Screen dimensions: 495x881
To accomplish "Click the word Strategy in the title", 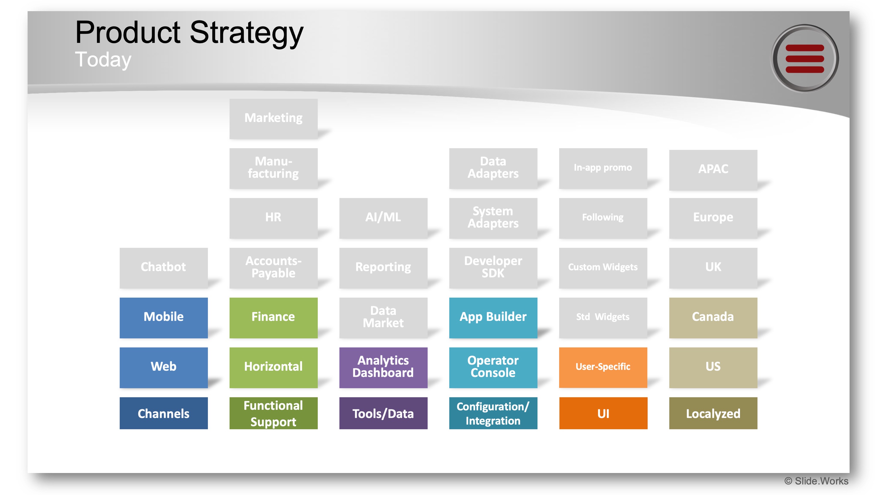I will pyautogui.click(x=246, y=33).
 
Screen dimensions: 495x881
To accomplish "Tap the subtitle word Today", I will pyautogui.click(x=103, y=60).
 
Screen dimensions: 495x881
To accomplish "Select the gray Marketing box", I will pyautogui.click(x=273, y=118).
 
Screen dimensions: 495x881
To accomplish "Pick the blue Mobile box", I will pyautogui.click(x=164, y=317).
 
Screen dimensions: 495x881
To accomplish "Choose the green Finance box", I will pyautogui.click(x=273, y=317).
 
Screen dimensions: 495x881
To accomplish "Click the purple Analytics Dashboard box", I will pyautogui.click(x=383, y=367).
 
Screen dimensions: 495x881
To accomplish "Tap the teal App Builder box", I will pyautogui.click(x=493, y=317).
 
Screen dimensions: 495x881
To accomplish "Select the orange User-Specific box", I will pyautogui.click(x=603, y=367).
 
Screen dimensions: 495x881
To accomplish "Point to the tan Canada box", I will pyautogui.click(x=713, y=317).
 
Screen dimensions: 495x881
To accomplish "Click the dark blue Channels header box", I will pyautogui.click(x=164, y=413).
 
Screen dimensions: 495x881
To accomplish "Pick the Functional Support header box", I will pyautogui.click(x=273, y=413).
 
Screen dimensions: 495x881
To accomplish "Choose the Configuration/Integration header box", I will pyautogui.click(x=493, y=413).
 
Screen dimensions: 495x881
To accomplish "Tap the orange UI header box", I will pyautogui.click(x=603, y=413).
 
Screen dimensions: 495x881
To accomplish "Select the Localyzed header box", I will pyautogui.click(x=713, y=413).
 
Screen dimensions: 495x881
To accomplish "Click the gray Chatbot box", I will pyautogui.click(x=164, y=267).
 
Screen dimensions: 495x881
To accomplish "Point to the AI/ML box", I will pyautogui.click(x=383, y=217).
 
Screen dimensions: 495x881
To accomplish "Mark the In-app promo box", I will pyautogui.click(x=603, y=168).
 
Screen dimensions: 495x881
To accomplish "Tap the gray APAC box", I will pyautogui.click(x=713, y=169).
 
